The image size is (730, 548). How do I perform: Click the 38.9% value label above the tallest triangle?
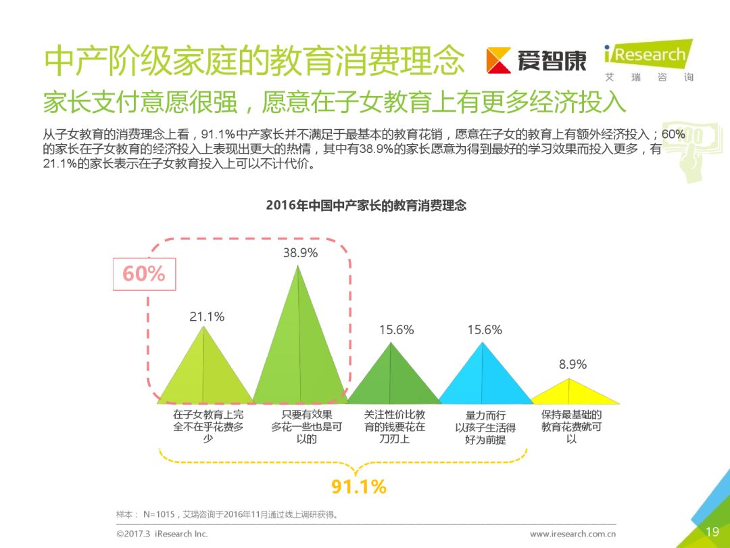tap(300, 253)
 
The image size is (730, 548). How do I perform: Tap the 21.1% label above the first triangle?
tap(207, 317)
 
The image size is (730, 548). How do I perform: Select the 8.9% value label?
tap(573, 365)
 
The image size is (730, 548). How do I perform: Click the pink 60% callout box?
tap(144, 274)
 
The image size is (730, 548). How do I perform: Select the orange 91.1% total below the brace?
tap(358, 486)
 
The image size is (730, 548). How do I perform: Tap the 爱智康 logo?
tap(537, 61)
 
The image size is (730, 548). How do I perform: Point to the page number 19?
tap(712, 532)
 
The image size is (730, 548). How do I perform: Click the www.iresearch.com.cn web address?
tap(573, 534)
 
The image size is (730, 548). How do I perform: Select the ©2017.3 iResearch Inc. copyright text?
tap(162, 534)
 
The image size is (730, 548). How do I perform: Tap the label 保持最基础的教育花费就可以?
tap(572, 426)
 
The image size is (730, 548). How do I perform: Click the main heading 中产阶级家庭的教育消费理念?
tap(253, 62)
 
